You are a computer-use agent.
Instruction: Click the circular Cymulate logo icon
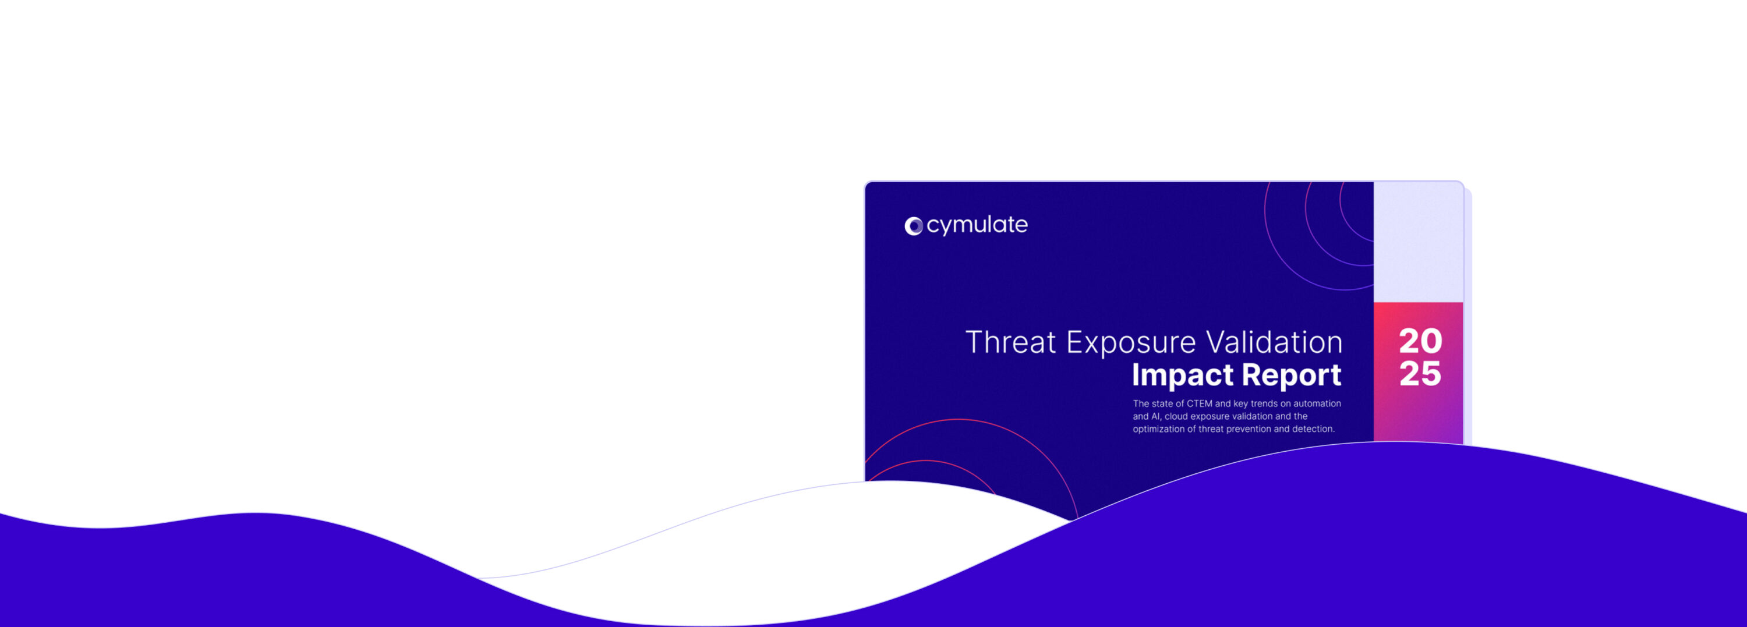(914, 226)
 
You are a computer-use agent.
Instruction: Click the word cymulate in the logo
(977, 226)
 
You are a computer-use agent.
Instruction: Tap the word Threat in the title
(1010, 342)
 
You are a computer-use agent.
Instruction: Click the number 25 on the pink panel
(1420, 374)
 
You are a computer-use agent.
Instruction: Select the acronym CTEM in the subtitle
(1199, 403)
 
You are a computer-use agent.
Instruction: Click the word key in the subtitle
(1240, 404)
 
